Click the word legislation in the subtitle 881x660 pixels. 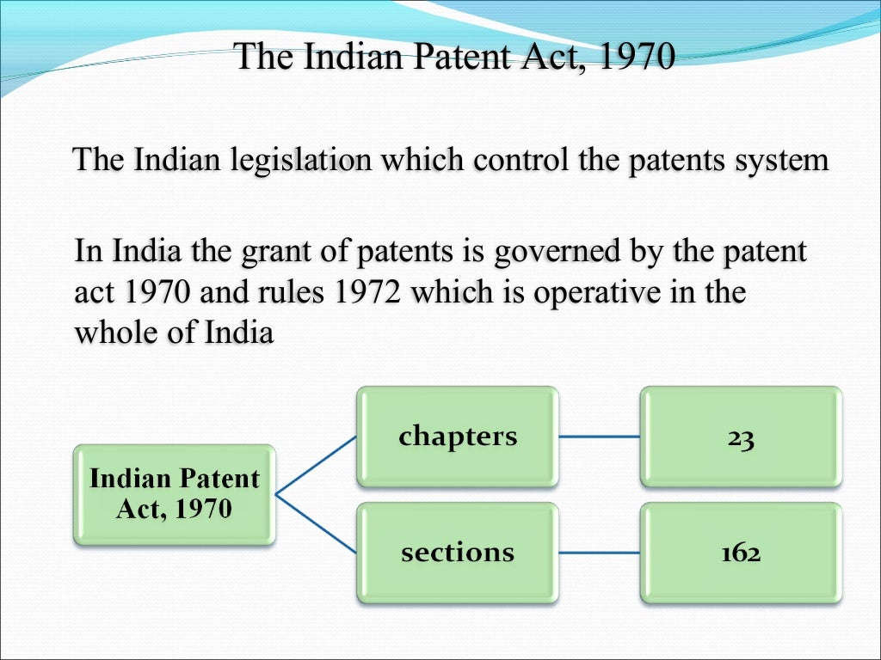point(286,161)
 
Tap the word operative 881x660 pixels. point(595,292)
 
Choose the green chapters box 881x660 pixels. point(458,437)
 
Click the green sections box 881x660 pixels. point(458,552)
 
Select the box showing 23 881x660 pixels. point(741,437)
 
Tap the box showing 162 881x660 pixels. point(741,552)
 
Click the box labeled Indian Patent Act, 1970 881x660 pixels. point(174,493)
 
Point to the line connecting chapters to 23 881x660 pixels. point(599,437)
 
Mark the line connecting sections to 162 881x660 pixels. point(599,552)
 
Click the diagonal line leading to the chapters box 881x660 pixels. point(316,465)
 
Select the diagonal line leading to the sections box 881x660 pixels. point(316,522)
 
